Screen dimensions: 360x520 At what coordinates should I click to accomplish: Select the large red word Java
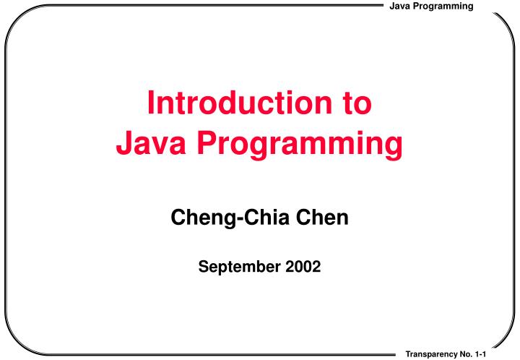150,144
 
